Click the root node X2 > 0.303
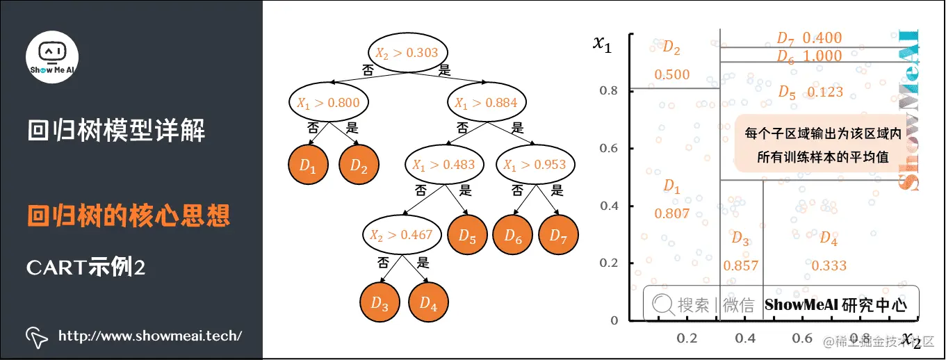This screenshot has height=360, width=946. point(407,52)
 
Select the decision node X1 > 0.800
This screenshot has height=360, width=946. point(328,104)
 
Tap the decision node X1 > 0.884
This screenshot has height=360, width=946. point(486,104)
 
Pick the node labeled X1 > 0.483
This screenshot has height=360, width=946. point(443,165)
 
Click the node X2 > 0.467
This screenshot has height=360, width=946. point(402,235)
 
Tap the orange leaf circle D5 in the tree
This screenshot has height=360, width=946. point(467,236)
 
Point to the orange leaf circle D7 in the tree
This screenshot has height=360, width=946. point(559,236)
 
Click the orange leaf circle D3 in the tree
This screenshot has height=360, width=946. point(380,303)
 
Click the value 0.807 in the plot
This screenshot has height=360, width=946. point(671,214)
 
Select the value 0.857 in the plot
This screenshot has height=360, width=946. point(740,265)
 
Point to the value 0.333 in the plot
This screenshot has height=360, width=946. point(829,265)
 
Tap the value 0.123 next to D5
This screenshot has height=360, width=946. point(825,92)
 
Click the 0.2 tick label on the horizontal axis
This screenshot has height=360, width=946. point(687,338)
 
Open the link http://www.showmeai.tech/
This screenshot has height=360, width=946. point(150,336)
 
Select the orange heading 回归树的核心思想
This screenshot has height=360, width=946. point(129,216)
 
